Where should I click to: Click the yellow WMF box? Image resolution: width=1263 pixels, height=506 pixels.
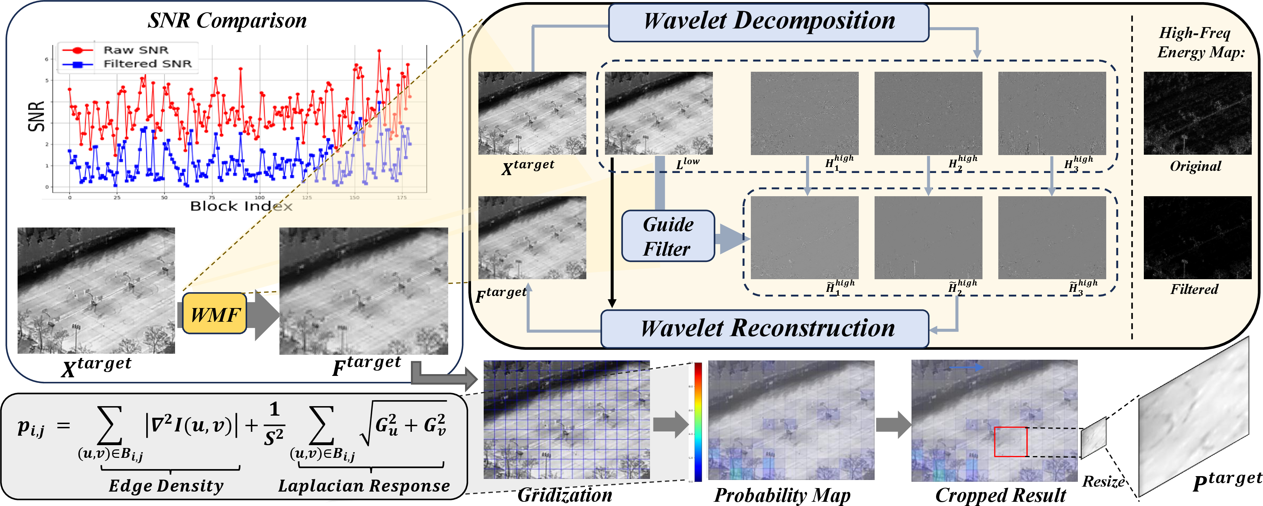click(214, 314)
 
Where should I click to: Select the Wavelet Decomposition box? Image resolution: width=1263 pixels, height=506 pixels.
click(768, 23)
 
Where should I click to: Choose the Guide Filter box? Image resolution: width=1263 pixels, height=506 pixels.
click(668, 236)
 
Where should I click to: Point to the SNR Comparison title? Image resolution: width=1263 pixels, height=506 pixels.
click(227, 21)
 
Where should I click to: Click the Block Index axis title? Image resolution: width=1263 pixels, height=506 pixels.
click(241, 206)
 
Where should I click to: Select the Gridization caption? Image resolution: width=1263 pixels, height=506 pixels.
click(565, 495)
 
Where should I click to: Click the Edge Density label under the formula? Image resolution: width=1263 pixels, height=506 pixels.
click(166, 485)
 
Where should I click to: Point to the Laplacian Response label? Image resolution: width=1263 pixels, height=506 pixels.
click(364, 485)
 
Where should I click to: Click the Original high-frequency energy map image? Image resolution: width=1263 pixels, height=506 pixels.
click(1197, 113)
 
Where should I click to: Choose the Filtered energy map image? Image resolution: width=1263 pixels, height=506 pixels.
click(1197, 238)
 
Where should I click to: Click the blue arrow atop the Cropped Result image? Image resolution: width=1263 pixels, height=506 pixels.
click(966, 367)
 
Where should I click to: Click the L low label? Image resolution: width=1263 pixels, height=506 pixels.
click(688, 163)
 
